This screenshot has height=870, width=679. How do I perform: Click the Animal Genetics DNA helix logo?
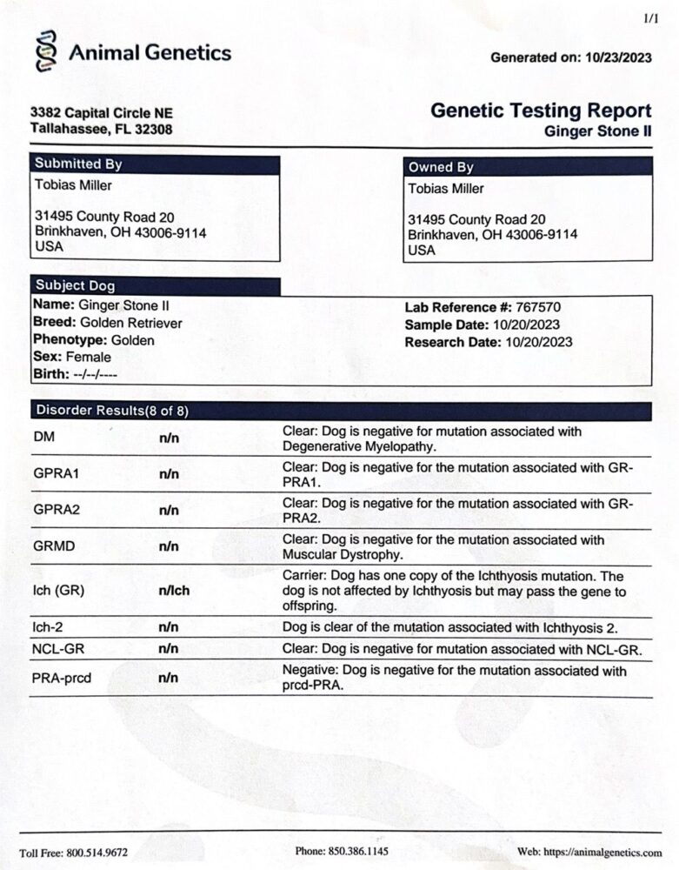point(44,53)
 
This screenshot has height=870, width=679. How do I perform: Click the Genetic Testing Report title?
point(541,110)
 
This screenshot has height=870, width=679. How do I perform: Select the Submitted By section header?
point(78,164)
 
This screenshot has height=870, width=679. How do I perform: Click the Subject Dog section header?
point(75,285)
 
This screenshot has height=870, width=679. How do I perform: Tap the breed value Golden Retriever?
point(130,323)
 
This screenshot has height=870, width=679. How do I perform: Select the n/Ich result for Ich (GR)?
point(174,591)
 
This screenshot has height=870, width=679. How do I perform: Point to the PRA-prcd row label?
point(63,677)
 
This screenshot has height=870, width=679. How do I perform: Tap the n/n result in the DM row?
point(169,438)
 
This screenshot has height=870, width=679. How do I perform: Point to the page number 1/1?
point(650,17)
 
